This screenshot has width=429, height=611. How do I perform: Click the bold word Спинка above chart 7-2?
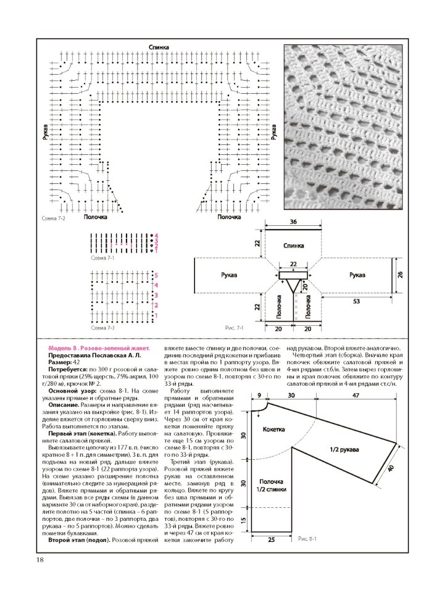159,48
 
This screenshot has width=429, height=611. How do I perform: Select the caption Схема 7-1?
102,257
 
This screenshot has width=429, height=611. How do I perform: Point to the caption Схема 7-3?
102,327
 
